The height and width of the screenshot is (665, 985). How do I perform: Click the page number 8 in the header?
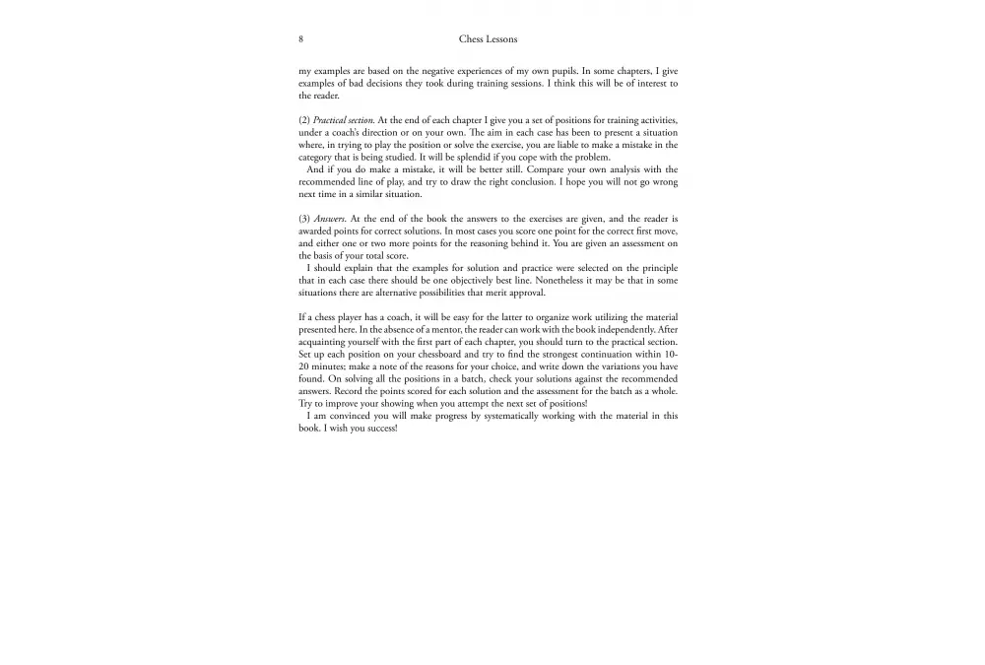pyautogui.click(x=300, y=39)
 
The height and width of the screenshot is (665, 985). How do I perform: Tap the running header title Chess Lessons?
pyautogui.click(x=488, y=39)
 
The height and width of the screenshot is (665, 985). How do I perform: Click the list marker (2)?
pyautogui.click(x=304, y=120)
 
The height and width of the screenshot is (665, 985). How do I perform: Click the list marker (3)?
pyautogui.click(x=304, y=218)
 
